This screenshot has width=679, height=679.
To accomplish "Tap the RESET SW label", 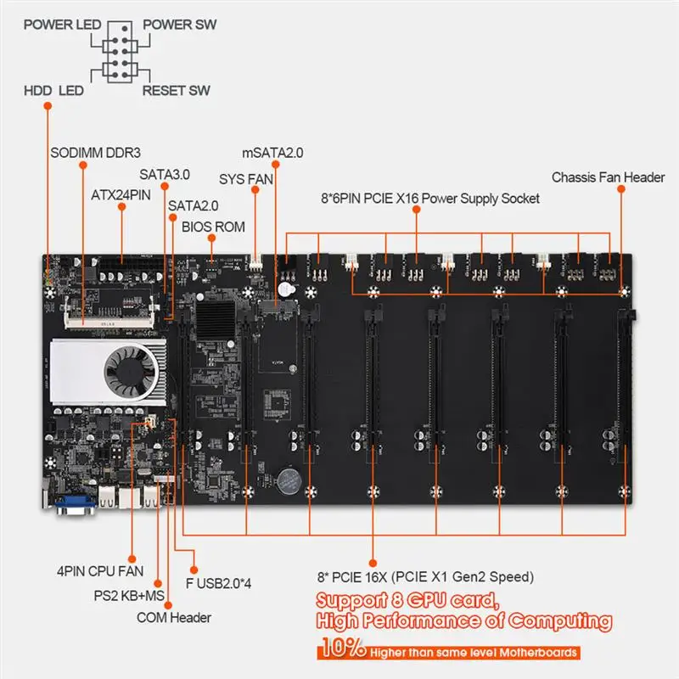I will [177, 90].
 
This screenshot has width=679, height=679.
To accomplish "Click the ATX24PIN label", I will [121, 194].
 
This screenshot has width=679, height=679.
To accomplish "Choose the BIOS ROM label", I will [213, 227].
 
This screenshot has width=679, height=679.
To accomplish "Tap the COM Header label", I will [174, 617].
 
